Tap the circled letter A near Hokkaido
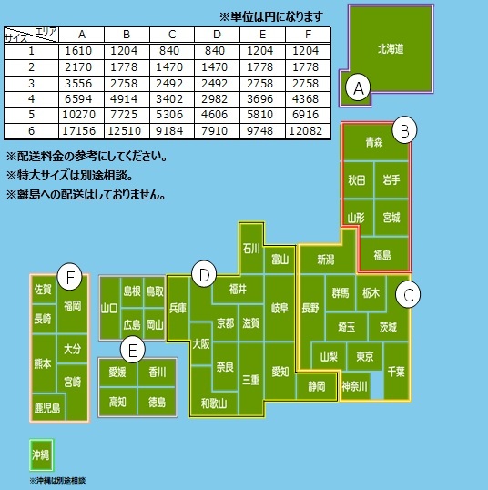359,88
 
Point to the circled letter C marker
409,294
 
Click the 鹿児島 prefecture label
46,408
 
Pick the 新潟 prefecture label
327,260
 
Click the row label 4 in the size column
30,99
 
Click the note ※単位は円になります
271,16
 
